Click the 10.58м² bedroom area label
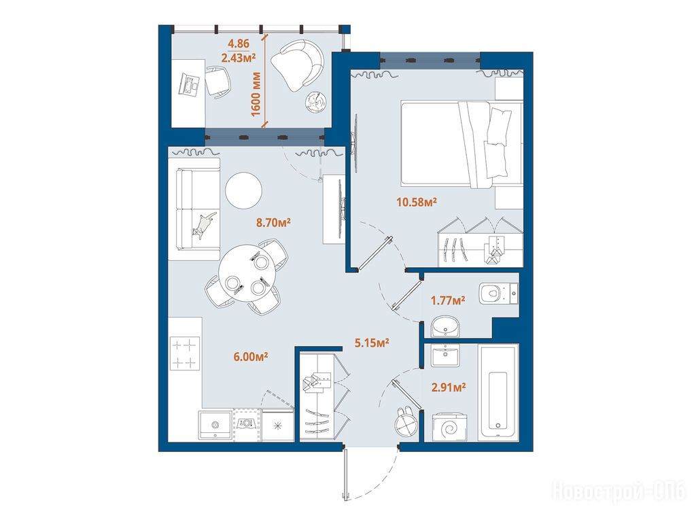(x=417, y=203)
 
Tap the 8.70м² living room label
(x=273, y=222)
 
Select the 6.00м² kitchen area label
(x=250, y=356)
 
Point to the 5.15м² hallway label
(x=372, y=343)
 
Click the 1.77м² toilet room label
(x=448, y=300)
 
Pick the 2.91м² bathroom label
(x=449, y=387)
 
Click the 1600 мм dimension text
(x=256, y=94)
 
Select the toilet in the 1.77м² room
(x=498, y=294)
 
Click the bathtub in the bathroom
(x=498, y=392)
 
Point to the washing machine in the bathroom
(x=450, y=428)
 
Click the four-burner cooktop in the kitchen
(x=185, y=353)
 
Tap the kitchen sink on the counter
(x=215, y=425)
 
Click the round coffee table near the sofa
(x=244, y=190)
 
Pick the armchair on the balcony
(x=298, y=65)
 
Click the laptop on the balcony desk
(x=190, y=84)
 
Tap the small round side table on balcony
(x=317, y=102)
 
